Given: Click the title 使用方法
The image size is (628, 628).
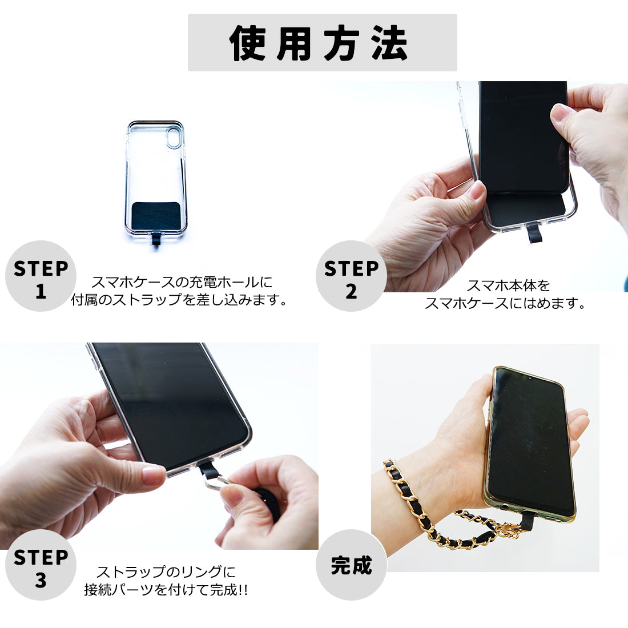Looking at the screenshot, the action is tap(319, 43).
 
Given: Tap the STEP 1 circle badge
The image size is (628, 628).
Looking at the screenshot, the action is tap(41, 276).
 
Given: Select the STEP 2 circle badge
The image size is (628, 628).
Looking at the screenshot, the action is tap(351, 276).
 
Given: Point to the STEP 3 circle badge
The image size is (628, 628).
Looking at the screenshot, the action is tap(41, 565).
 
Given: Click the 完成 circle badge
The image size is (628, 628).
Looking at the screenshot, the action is tap(351, 565).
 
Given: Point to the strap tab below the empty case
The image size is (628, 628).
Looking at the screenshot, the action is tap(156, 240).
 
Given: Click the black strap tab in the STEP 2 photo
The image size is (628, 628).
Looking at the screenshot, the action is tap(535, 233).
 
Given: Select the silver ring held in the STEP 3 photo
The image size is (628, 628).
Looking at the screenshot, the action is tap(216, 482).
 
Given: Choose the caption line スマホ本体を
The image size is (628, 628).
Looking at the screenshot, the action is tap(509, 285).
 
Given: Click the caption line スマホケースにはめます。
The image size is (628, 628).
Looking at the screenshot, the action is tap(505, 303).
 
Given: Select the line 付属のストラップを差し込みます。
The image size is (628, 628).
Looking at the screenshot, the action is tap(179, 300).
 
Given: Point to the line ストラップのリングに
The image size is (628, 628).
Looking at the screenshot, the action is tap(166, 571).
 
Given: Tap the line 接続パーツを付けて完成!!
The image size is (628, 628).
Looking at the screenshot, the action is tap(166, 590).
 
